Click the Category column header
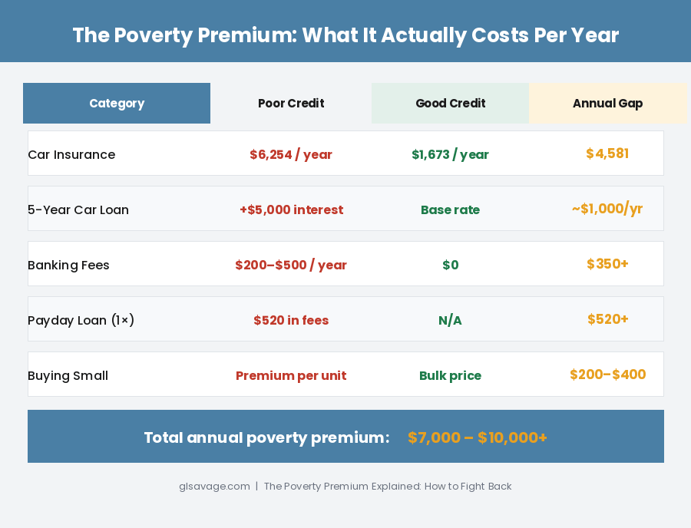tap(117, 104)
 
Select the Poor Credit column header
tap(291, 104)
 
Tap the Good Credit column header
tap(450, 104)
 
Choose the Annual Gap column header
tap(607, 104)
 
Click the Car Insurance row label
tap(71, 155)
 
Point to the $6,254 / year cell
tap(291, 155)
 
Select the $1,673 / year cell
tap(450, 155)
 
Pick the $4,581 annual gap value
tap(607, 153)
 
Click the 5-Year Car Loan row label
tap(78, 210)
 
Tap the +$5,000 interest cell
tap(291, 210)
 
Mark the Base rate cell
tap(450, 210)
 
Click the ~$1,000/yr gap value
tap(607, 209)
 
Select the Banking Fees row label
tap(68, 266)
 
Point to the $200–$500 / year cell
tap(291, 266)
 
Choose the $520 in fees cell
tap(291, 321)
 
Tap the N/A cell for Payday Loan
tap(450, 321)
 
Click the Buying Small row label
tap(68, 376)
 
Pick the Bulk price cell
tap(450, 376)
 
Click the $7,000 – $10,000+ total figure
tap(477, 438)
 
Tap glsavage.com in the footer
tap(214, 487)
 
